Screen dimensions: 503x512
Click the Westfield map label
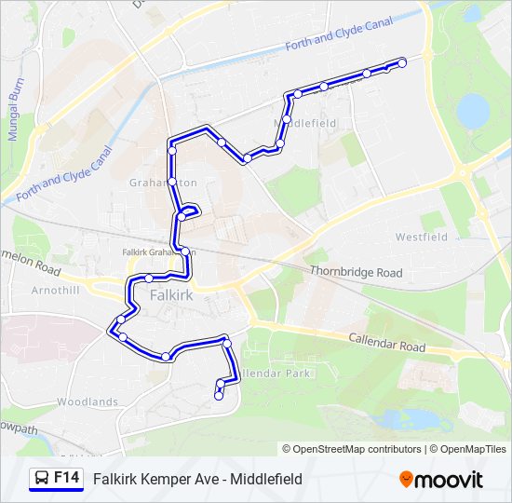(x=421, y=238)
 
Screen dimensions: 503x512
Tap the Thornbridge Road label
(x=357, y=273)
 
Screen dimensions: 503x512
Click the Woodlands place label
(x=87, y=401)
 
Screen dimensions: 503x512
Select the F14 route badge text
(x=65, y=478)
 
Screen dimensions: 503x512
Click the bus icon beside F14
(x=43, y=479)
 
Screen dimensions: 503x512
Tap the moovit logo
(x=441, y=480)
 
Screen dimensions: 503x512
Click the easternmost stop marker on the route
(x=402, y=63)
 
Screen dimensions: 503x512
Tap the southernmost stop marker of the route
(x=219, y=396)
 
